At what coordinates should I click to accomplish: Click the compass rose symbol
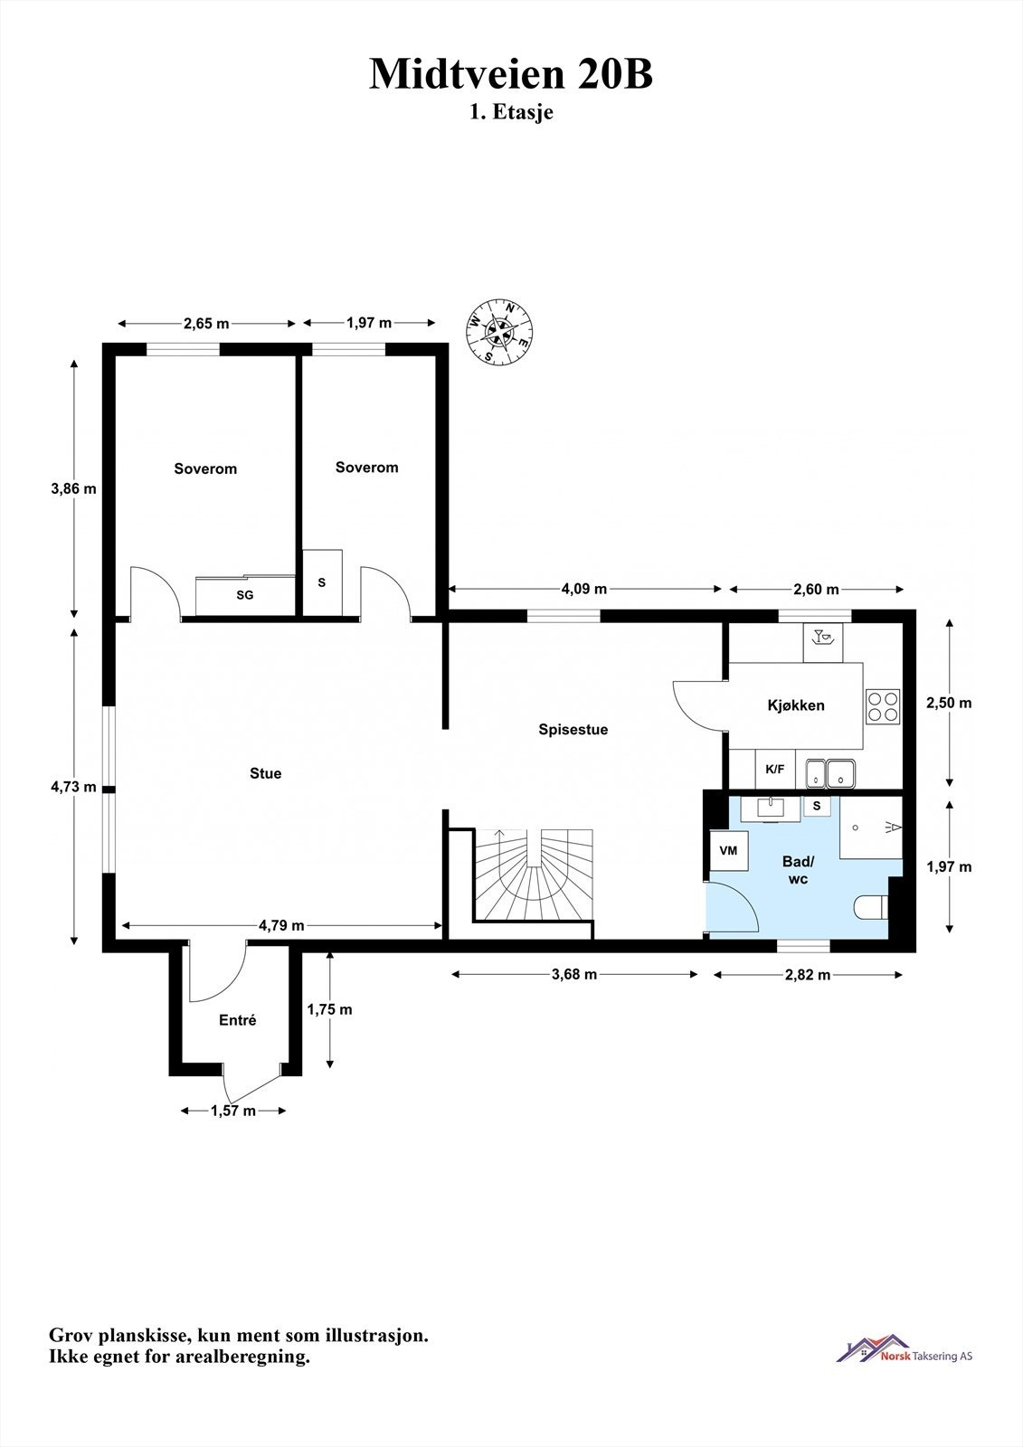[499, 333]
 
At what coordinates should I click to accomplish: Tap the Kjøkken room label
[796, 705]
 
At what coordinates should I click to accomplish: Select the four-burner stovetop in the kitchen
[883, 706]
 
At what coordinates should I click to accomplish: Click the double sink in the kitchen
[830, 773]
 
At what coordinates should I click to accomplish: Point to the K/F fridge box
[775, 770]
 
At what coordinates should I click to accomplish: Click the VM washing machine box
[728, 851]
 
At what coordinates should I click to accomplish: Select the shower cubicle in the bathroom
[870, 828]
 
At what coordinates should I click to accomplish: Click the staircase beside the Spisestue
[534, 875]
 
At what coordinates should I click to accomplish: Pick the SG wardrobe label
[245, 595]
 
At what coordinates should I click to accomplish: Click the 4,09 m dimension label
[584, 589]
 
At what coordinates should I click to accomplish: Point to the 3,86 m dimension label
[73, 488]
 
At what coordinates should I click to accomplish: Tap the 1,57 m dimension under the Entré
[233, 1111]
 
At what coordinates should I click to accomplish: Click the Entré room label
[238, 1020]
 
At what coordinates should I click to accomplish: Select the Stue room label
[266, 773]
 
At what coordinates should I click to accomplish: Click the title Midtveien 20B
[511, 73]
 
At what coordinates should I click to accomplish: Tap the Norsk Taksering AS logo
[905, 1348]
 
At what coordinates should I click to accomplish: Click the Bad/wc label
[798, 869]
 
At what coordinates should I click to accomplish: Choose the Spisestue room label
[573, 729]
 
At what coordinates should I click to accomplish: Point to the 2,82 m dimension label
[808, 975]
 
